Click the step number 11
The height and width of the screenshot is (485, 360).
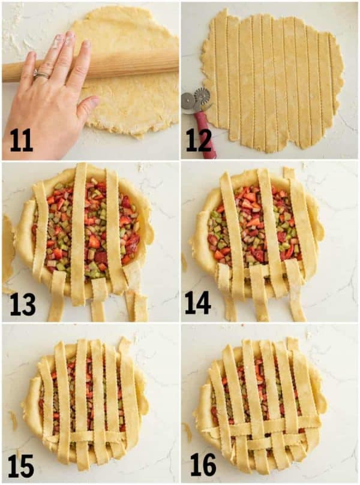pos(21,140)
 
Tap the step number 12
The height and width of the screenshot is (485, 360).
pos(198,140)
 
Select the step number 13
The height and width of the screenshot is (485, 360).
pos(22,304)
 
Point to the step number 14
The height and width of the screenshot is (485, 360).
pos(198,303)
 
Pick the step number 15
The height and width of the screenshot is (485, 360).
pos(22,465)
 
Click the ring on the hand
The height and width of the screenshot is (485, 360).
pos(41,75)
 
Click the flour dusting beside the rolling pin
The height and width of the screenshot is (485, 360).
pos(15,36)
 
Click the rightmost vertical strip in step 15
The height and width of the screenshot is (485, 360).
pos(129,396)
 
